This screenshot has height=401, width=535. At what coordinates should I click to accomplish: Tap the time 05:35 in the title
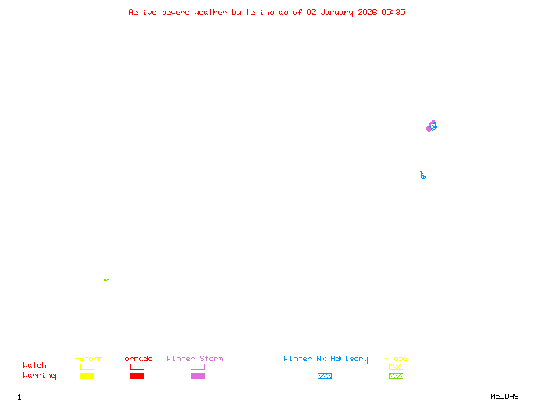coord(393,12)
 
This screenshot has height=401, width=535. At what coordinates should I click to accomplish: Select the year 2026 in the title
coord(368,12)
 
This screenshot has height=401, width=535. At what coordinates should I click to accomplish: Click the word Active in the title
coord(142,12)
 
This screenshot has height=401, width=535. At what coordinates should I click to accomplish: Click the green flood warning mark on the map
coord(106,279)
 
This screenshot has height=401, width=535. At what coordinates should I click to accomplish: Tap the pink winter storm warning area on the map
coord(429,128)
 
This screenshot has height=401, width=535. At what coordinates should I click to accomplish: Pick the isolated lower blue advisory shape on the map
coord(423,176)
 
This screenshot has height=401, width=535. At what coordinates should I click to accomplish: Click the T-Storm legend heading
coord(86,359)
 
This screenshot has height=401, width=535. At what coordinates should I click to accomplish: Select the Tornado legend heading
coord(136,359)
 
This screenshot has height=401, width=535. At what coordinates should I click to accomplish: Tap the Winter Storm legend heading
coord(195,359)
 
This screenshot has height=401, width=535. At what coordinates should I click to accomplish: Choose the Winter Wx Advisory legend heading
coord(326,359)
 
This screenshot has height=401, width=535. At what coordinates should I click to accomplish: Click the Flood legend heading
coord(396,359)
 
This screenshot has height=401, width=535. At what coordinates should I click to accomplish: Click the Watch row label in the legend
coord(35,366)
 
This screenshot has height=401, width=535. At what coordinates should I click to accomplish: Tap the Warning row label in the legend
coord(39,376)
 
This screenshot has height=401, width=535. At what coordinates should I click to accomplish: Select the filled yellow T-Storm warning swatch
coord(87,376)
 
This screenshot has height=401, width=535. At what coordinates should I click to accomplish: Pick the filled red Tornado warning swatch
coord(137,376)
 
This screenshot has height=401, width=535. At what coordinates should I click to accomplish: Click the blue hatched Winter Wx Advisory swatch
coord(324,376)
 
